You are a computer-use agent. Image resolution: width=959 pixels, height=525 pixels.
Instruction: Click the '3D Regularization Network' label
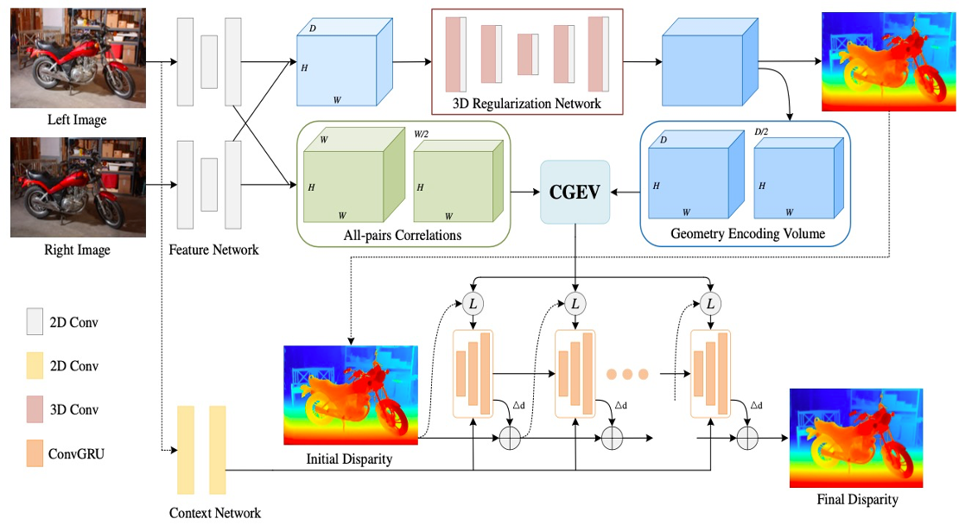[x=526, y=104]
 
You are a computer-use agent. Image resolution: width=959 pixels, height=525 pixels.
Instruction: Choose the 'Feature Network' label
[x=213, y=250]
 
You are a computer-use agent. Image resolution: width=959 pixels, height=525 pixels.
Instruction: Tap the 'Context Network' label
[x=214, y=513]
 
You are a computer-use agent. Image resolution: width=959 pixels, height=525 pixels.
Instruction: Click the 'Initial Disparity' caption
[x=349, y=459]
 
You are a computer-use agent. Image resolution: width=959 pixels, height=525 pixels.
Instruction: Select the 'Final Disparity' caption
[x=857, y=499]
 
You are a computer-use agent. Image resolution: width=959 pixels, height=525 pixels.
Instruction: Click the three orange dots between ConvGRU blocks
[x=627, y=375]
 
